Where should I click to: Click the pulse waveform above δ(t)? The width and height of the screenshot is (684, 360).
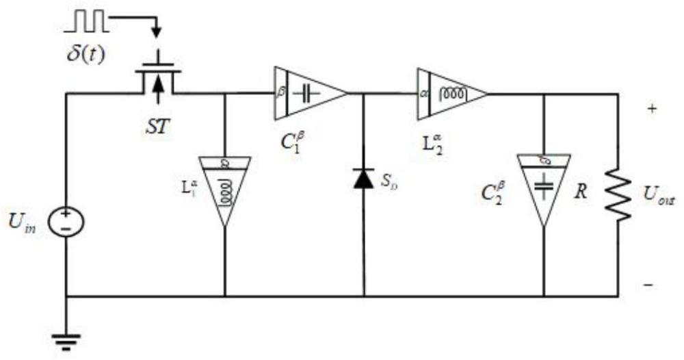coord(87,22)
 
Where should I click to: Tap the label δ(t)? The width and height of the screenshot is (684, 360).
coord(85,54)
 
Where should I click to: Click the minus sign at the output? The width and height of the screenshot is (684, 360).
coord(648,285)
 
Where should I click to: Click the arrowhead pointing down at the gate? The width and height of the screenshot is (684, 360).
coord(158,31)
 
